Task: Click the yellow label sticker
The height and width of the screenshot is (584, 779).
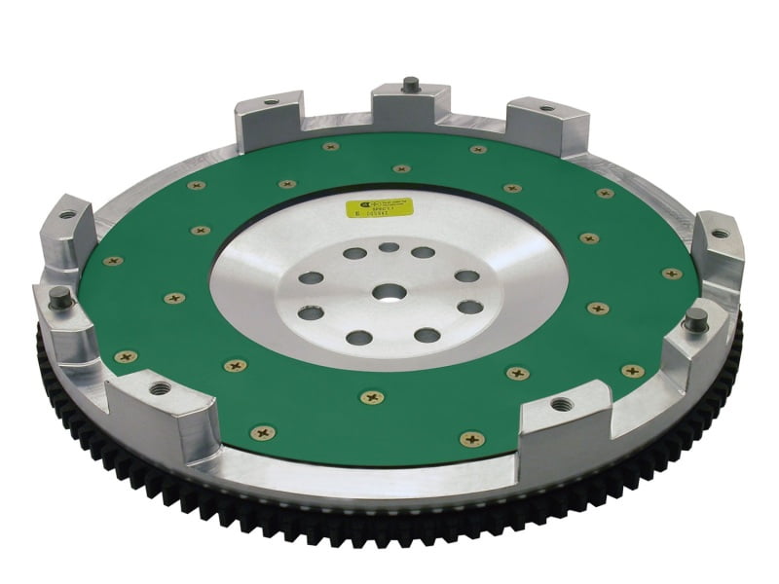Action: tap(380, 208)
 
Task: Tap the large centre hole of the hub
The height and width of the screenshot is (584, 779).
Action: tap(389, 292)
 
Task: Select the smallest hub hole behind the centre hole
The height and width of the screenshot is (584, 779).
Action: tap(389, 247)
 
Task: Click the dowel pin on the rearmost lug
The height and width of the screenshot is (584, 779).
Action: tap(411, 85)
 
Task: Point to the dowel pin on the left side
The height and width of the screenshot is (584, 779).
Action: tap(59, 294)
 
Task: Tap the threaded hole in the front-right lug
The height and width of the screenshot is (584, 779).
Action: tap(562, 403)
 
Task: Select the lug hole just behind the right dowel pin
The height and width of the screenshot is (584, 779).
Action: tap(719, 234)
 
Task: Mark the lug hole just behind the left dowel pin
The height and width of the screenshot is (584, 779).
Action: tap(67, 215)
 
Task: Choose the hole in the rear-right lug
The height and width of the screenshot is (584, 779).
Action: tap(546, 108)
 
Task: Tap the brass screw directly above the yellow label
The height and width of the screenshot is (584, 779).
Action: tap(402, 168)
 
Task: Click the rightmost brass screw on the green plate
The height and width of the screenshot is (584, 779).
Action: tap(671, 274)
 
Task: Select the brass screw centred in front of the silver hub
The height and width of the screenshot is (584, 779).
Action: tap(372, 397)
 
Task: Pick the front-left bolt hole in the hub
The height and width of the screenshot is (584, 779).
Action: tap(359, 338)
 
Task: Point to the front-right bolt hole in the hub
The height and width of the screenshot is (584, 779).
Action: tap(427, 336)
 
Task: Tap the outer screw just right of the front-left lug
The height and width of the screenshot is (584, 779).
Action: tap(262, 431)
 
